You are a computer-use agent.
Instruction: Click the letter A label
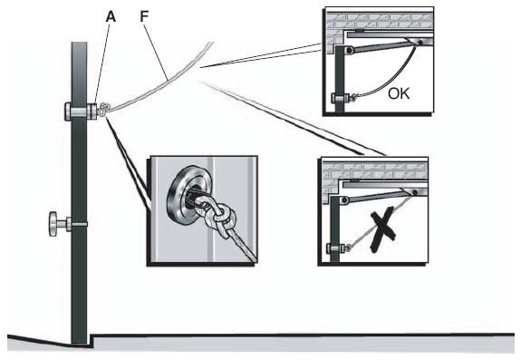pyautogui.click(x=111, y=16)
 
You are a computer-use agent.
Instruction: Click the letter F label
pyautogui.click(x=144, y=16)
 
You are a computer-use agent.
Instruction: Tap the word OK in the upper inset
pyautogui.click(x=399, y=93)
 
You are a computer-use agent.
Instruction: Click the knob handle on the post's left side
pyautogui.click(x=53, y=224)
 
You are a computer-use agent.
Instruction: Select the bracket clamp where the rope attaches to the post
pyautogui.click(x=81, y=111)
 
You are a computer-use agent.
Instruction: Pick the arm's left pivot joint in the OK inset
pyautogui.click(x=349, y=50)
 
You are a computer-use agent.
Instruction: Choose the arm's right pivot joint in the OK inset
pyautogui.click(x=420, y=43)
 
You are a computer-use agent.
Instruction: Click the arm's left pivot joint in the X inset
pyautogui.click(x=344, y=200)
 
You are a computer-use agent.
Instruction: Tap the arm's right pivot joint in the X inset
pyautogui.click(x=415, y=192)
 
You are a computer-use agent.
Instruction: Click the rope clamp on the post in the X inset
pyautogui.click(x=336, y=248)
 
